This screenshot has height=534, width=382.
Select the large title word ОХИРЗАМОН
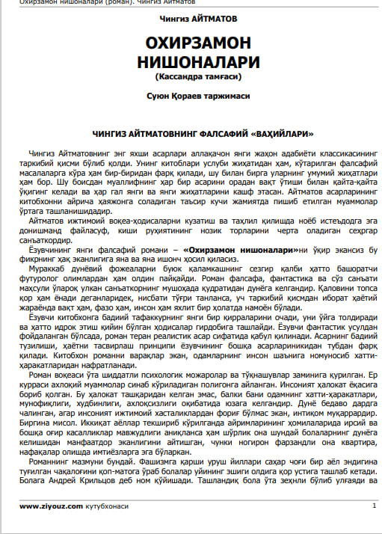[191, 41]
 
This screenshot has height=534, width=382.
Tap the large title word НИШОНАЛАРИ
[191, 61]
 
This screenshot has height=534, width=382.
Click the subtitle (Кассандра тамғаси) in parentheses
[191, 76]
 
